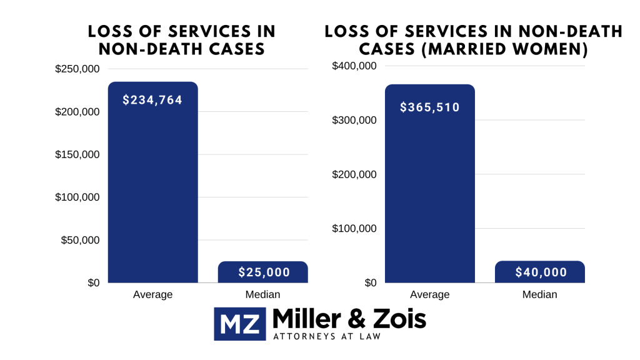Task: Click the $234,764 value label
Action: pyautogui.click(x=152, y=99)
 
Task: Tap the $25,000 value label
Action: pyautogui.click(x=264, y=272)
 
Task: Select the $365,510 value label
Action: pyautogui.click(x=430, y=107)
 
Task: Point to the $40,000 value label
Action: pyautogui.click(x=541, y=272)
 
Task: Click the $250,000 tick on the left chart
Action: pyautogui.click(x=77, y=69)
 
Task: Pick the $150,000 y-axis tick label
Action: pyautogui.click(x=77, y=154)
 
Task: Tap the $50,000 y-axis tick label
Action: pyautogui.click(x=80, y=240)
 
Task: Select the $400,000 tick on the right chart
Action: pyautogui.click(x=354, y=66)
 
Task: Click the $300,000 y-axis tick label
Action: pyautogui.click(x=354, y=120)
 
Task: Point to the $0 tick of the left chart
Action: pyautogui.click(x=92, y=283)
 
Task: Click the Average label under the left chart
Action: pyautogui.click(x=152, y=294)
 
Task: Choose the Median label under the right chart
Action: pyautogui.click(x=539, y=294)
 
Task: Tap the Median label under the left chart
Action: pyautogui.click(x=262, y=294)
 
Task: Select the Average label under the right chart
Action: pyautogui.click(x=430, y=294)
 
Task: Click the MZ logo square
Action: pyautogui.click(x=241, y=323)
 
